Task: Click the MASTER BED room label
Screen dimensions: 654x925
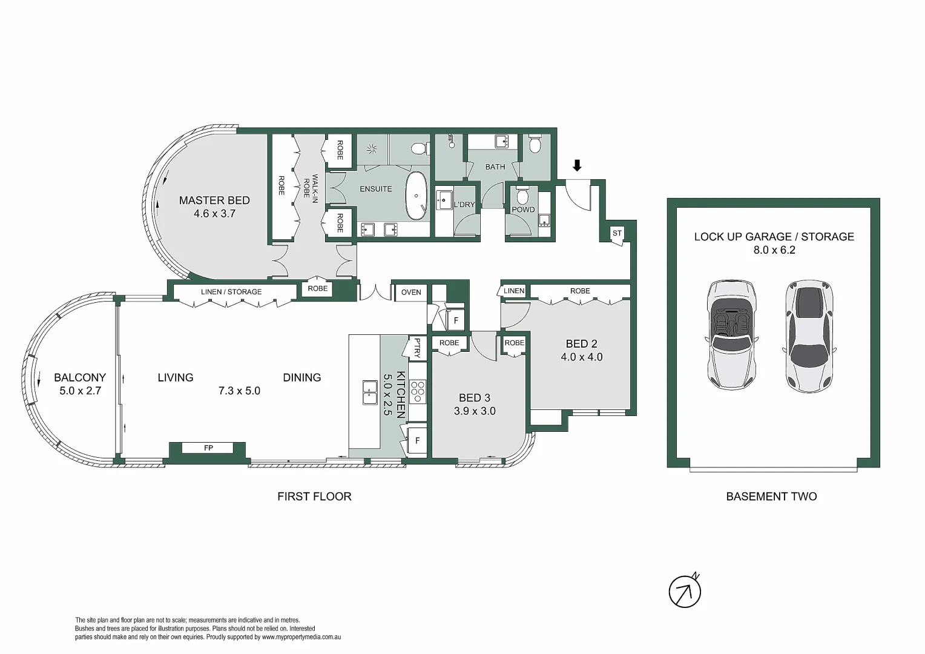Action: point(214,200)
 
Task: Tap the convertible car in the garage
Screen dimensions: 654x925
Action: point(731,334)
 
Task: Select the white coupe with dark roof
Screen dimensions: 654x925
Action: point(809,334)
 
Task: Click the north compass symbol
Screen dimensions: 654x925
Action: point(685,591)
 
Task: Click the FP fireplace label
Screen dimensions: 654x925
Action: point(208,448)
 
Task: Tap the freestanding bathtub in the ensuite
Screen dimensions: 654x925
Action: point(416,196)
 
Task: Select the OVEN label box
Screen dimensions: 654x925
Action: point(411,292)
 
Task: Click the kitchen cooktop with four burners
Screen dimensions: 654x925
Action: point(417,392)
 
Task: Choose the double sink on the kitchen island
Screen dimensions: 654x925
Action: point(369,392)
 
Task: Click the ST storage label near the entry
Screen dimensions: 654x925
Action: point(617,233)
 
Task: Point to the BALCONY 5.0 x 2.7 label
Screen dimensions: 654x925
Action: point(80,384)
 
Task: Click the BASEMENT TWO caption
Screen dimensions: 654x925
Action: point(771,497)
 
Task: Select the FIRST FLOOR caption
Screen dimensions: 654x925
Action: point(314,497)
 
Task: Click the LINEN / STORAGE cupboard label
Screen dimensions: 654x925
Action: point(231,292)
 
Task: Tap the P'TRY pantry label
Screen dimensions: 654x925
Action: point(416,348)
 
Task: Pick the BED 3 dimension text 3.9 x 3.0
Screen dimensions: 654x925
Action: point(475,411)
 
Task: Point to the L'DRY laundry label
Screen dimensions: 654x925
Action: point(464,205)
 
